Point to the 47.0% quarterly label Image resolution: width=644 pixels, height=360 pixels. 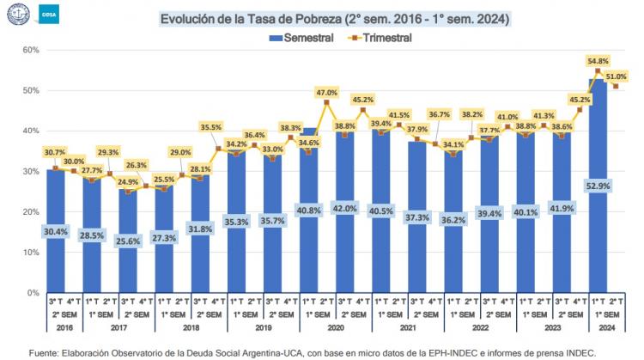[326, 92]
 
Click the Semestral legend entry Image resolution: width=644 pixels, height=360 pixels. [301, 38]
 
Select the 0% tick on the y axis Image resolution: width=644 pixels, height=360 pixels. [32, 293]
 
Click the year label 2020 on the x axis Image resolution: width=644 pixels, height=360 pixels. [337, 328]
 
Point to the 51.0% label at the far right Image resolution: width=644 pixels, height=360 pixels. [615, 76]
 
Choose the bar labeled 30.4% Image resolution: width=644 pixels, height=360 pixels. [55, 231]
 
